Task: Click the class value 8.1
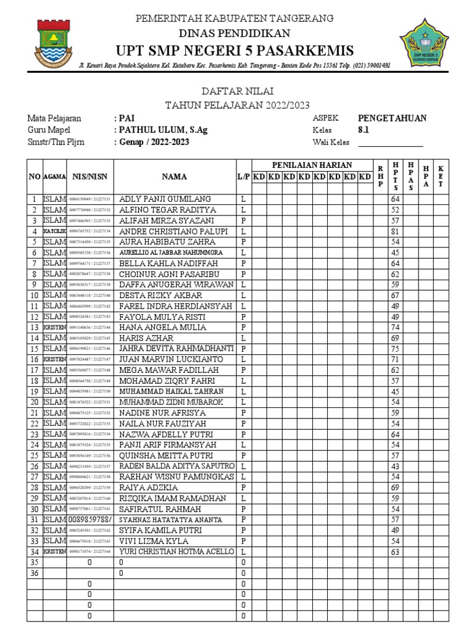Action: point(364,130)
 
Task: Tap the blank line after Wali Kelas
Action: point(391,143)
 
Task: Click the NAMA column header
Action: point(175,177)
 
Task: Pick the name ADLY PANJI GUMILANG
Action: point(165,199)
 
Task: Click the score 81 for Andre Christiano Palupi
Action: point(395,231)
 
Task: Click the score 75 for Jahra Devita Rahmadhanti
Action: point(395,349)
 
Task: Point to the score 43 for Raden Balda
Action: point(395,466)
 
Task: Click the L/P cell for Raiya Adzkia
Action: point(243,488)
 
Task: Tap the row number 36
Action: point(34,573)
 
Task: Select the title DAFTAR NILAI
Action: point(237,91)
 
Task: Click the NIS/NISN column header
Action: point(90,177)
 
